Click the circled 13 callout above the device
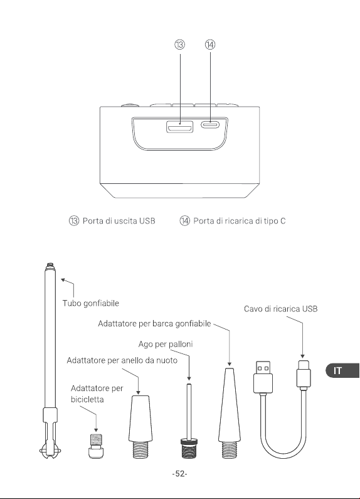[179, 45]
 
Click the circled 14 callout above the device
[210, 45]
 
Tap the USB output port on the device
[179, 127]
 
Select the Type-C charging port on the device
[210, 124]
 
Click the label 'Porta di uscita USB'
[119, 221]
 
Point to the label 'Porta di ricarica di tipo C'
[240, 221]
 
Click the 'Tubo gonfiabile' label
[91, 303]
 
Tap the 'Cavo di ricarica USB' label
[280, 309]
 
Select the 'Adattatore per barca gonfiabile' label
[154, 324]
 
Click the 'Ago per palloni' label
[166, 345]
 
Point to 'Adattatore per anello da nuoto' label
[122, 360]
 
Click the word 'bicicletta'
[87, 399]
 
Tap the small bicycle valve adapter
[96, 446]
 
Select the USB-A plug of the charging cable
[263, 377]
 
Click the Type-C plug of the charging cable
[304, 375]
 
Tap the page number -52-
[179, 474]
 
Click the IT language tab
[342, 370]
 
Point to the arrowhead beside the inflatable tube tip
[63, 280]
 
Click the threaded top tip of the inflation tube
[50, 265]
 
